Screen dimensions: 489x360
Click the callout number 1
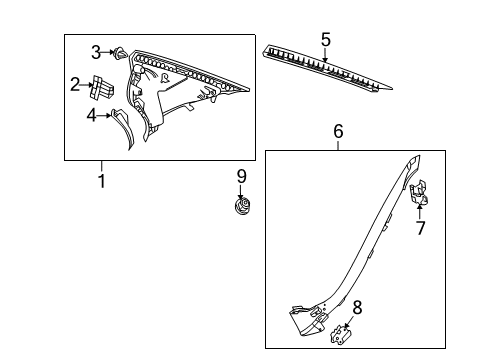(102, 180)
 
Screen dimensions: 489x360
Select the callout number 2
(75, 84)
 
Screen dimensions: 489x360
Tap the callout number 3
(96, 52)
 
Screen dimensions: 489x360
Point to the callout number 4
(91, 115)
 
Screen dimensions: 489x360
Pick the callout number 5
(326, 39)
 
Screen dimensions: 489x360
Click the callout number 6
(338, 131)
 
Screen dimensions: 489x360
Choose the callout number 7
(421, 228)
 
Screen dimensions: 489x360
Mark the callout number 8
(357, 307)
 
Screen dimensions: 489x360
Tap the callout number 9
(242, 176)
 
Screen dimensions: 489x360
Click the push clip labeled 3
(120, 53)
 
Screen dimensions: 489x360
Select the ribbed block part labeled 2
(102, 87)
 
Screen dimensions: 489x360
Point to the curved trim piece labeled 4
(123, 128)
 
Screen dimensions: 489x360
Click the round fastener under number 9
(242, 205)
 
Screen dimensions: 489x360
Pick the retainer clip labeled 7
(419, 192)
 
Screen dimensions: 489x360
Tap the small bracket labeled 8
(341, 334)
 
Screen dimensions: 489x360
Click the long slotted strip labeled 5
(327, 69)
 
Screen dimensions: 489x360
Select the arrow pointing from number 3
(107, 52)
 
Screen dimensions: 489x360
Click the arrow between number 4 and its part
(104, 116)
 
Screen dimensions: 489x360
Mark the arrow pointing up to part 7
(420, 211)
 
